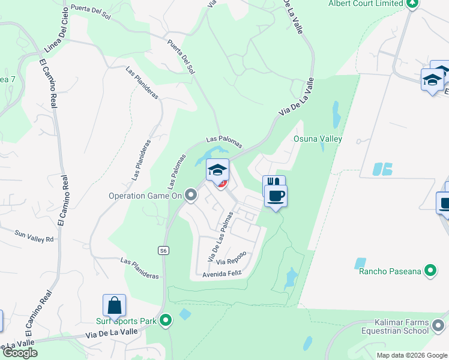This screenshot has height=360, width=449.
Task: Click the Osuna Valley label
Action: pos(318,139)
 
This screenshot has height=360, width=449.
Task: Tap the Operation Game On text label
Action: pos(145,196)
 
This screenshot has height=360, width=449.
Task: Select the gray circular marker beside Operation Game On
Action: pos(191,195)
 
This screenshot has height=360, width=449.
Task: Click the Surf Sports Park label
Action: pos(127,321)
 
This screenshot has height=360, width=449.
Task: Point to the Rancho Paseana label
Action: pos(390,271)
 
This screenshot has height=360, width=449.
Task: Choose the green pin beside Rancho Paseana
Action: pos(430,271)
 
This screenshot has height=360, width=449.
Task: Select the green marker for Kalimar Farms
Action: pos(438,326)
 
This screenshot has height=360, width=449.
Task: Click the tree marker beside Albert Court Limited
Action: pos(412,3)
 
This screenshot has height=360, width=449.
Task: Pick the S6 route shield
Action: pos(163,250)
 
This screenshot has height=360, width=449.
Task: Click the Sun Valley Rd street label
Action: pos(34,236)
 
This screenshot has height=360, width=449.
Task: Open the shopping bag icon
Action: pos(114,306)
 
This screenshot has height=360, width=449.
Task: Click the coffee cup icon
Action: pos(276,196)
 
